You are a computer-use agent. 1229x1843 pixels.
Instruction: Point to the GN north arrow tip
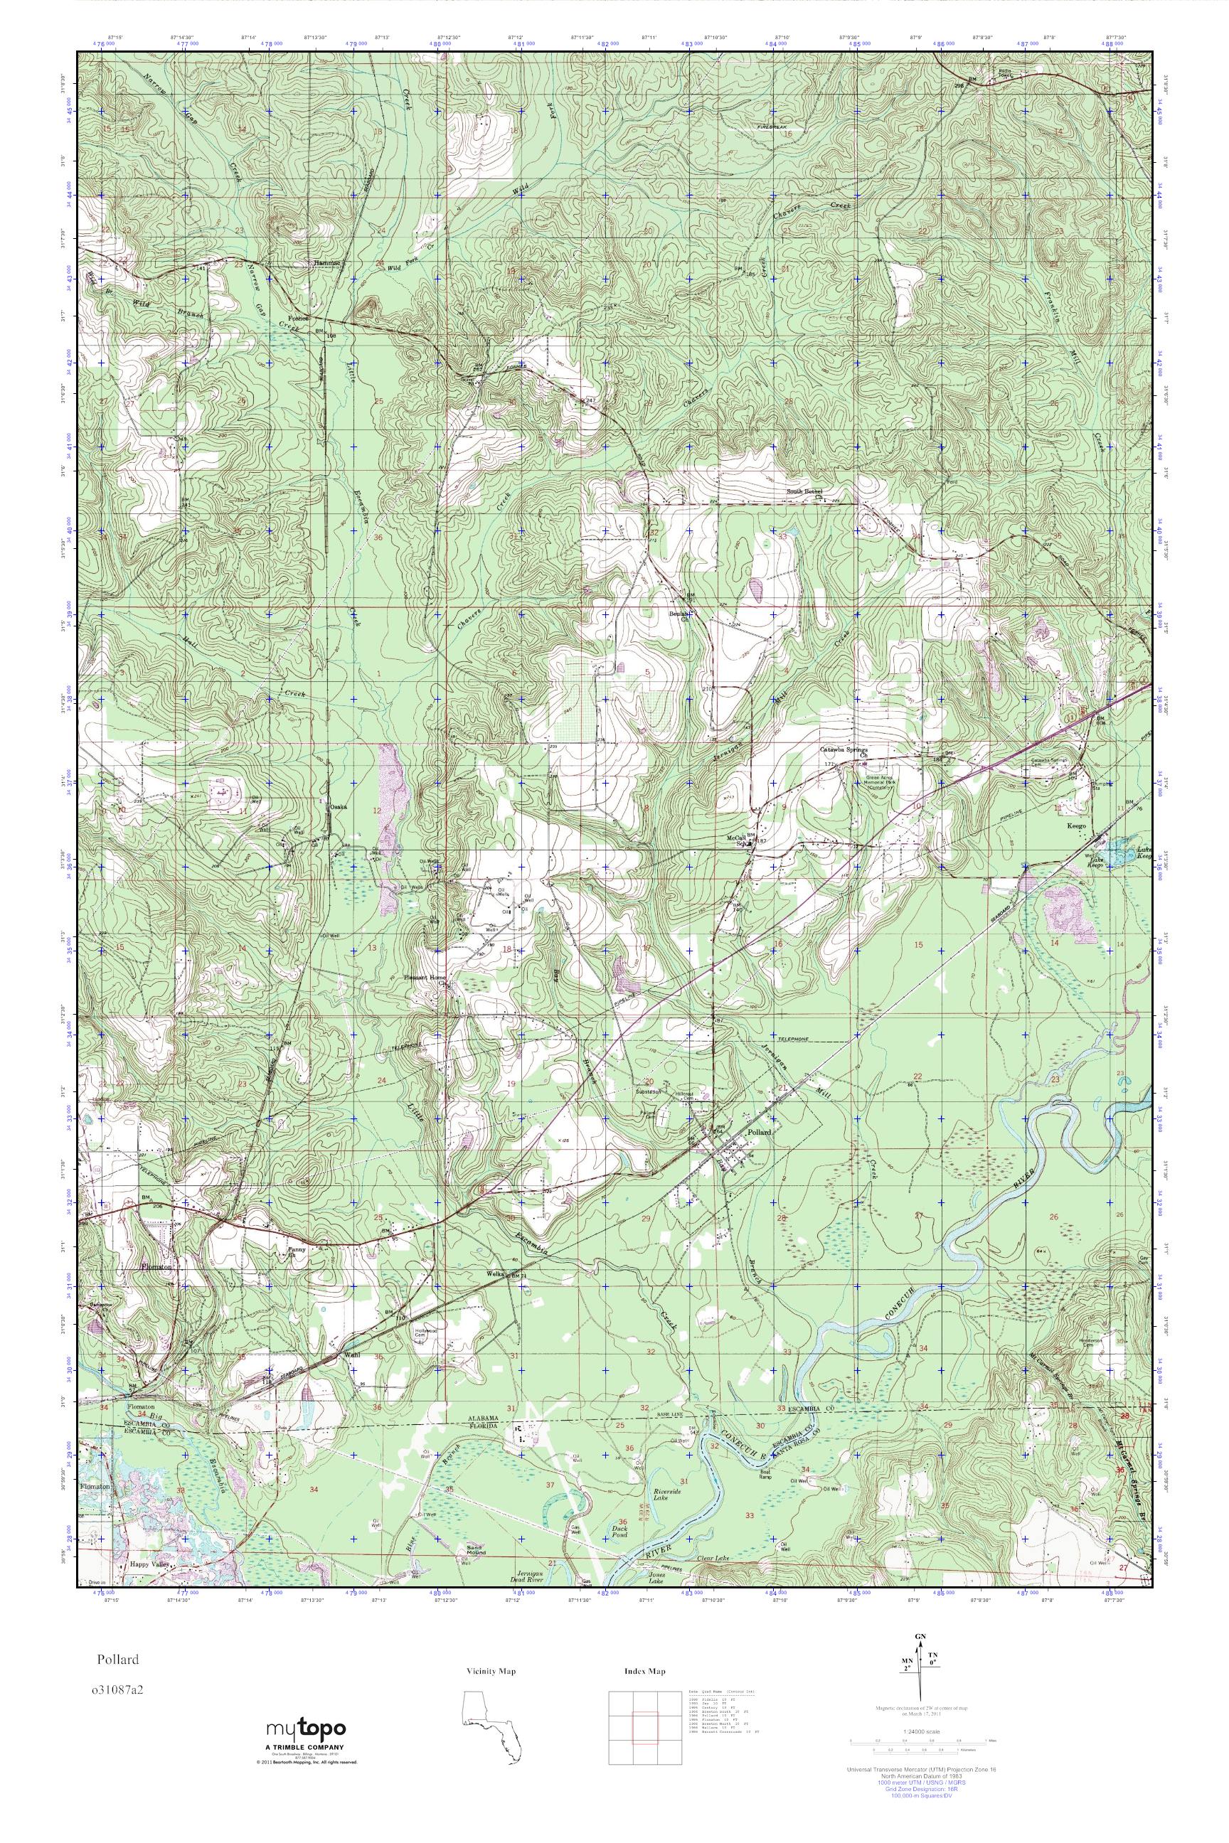coord(921,1668)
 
